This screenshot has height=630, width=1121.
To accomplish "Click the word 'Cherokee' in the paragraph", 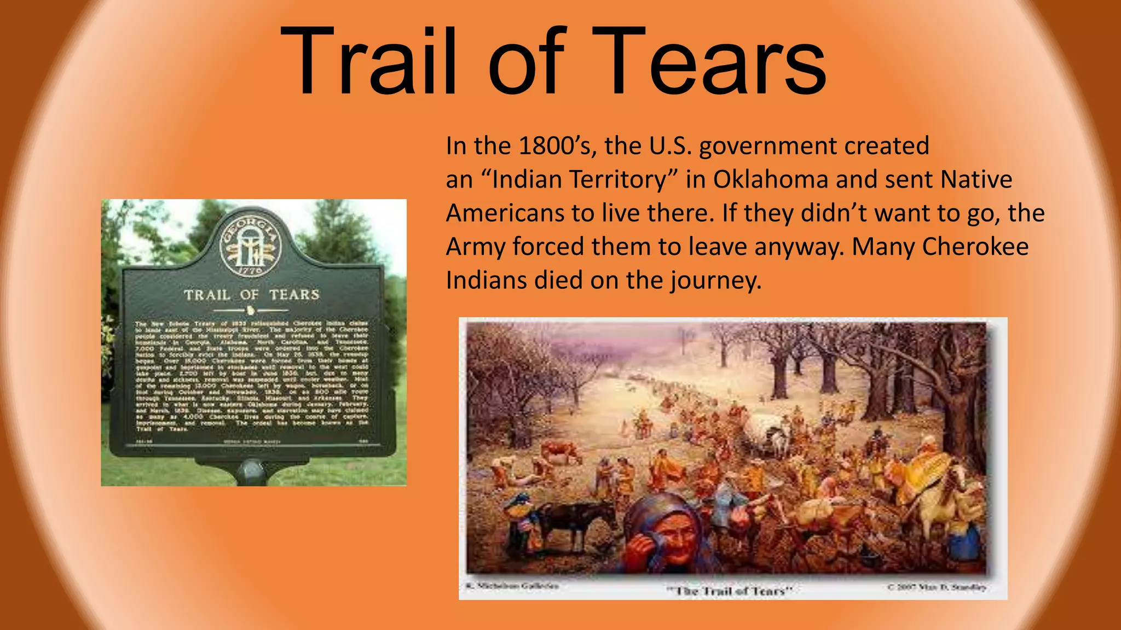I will click(975, 247).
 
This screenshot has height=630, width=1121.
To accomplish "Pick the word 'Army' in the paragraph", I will click(475, 247).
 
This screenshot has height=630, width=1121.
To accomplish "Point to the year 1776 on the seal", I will click(251, 270).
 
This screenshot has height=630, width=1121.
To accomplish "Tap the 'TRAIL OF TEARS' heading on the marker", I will click(252, 295).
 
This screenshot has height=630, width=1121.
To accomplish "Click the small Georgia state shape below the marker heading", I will click(251, 311).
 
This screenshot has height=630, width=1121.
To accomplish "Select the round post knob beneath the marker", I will click(251, 470).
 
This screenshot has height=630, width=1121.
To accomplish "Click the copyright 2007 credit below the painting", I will click(937, 587).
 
